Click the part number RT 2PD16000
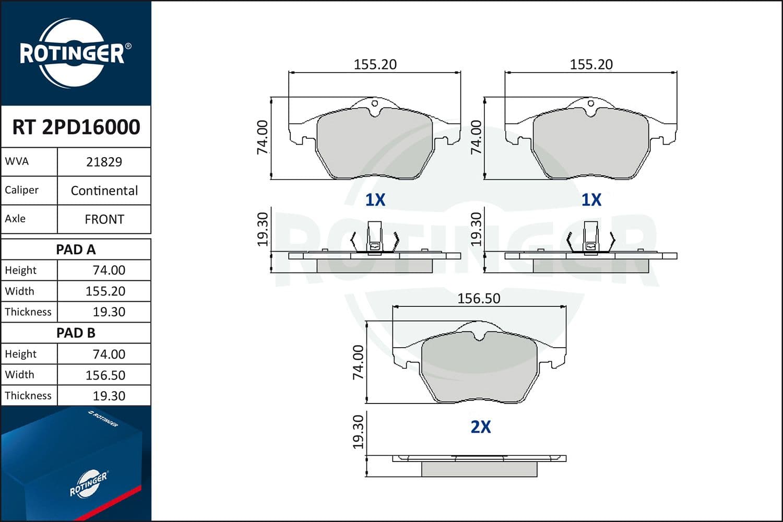(x=76, y=127)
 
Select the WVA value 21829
(x=104, y=162)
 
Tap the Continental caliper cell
(x=104, y=191)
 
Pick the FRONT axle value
(x=104, y=220)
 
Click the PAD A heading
(x=76, y=250)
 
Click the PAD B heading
(x=76, y=333)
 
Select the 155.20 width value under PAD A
(x=105, y=291)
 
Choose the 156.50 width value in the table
(x=105, y=375)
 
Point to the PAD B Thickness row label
(x=28, y=396)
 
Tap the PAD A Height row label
(x=21, y=270)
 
